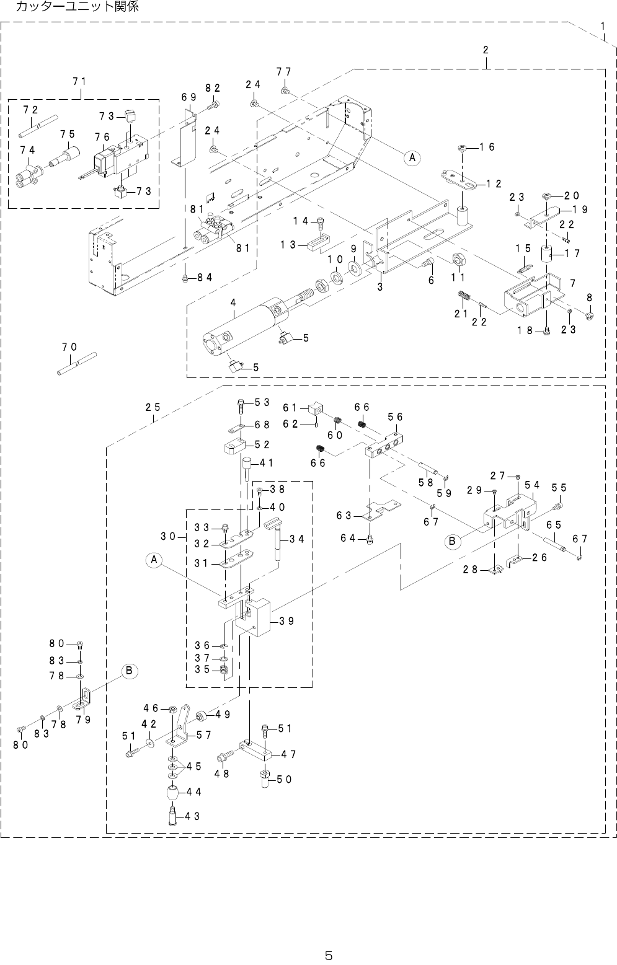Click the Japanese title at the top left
(x=77, y=7)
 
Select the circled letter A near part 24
(x=411, y=157)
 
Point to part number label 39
(x=286, y=621)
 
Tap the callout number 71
(x=79, y=81)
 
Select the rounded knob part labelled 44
(x=172, y=793)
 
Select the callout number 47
(x=287, y=755)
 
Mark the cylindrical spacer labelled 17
(x=546, y=254)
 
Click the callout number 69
(x=189, y=97)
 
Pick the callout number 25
(x=153, y=407)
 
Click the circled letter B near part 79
(x=129, y=671)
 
